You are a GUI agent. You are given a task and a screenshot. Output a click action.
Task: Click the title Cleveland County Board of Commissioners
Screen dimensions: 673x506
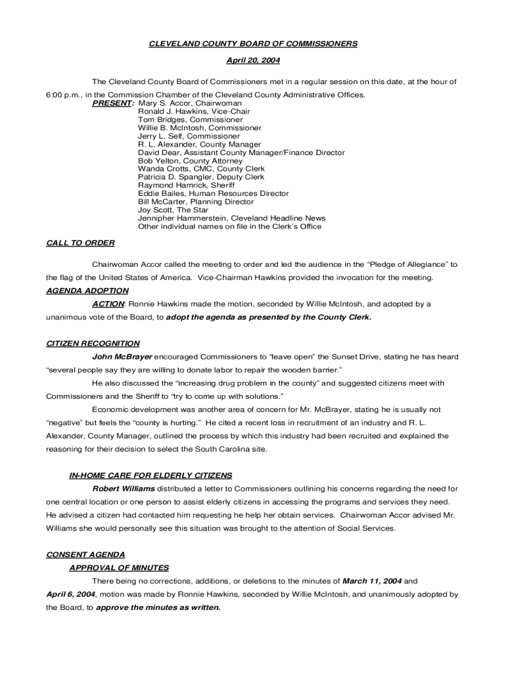253,43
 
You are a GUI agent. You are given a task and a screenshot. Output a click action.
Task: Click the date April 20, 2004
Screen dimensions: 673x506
253,60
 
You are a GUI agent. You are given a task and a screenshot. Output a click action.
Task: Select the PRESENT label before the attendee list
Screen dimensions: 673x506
113,103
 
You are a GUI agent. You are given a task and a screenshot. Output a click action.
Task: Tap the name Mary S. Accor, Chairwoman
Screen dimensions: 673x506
190,103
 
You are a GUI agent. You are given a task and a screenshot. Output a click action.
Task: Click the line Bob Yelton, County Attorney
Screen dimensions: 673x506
190,161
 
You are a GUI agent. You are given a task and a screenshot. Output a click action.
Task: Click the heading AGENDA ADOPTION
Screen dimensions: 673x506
87,290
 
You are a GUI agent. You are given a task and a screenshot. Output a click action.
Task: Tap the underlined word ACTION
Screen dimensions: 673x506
108,304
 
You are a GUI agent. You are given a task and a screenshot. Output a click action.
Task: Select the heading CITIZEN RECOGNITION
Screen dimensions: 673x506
93,343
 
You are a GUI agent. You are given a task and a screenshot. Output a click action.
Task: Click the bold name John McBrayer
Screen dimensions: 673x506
122,357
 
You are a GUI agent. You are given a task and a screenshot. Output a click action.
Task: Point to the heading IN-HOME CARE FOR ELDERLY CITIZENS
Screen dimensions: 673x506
150,475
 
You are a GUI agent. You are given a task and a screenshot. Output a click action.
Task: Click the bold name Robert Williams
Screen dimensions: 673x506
124,489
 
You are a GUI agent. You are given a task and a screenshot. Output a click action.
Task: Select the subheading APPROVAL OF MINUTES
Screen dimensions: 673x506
119,568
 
